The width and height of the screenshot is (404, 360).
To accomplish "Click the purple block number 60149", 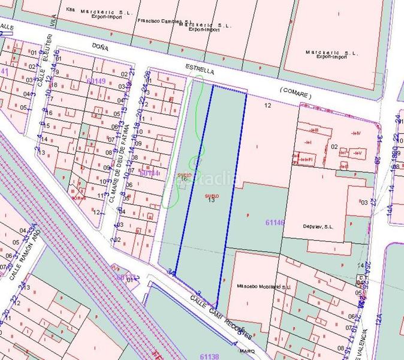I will click(x=95, y=81).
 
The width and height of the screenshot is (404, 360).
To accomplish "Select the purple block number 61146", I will click(x=274, y=223).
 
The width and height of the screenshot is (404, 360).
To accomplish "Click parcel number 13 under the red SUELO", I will click(x=211, y=200).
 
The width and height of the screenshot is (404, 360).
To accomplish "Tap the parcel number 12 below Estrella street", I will click(x=267, y=106).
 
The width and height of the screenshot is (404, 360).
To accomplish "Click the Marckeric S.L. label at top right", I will click(x=331, y=55).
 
